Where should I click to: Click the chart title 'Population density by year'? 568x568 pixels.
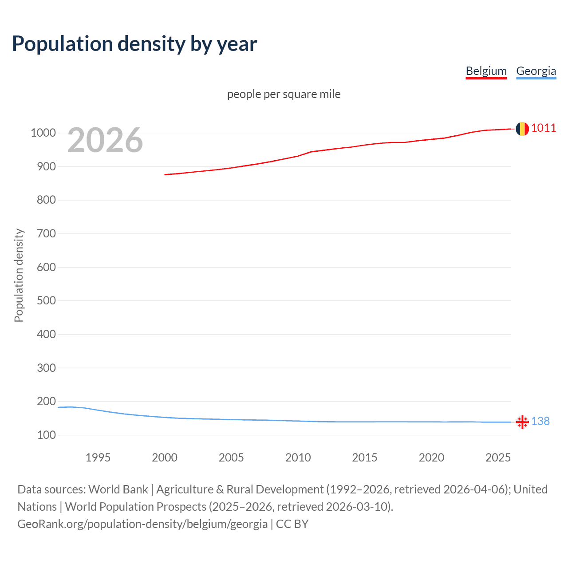[134, 44]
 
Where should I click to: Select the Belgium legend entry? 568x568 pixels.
[486, 71]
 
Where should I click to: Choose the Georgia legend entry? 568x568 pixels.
[536, 71]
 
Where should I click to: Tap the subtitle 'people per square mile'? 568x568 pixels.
[284, 94]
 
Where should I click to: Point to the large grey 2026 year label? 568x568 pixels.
[105, 140]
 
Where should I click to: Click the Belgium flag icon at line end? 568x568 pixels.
[522, 129]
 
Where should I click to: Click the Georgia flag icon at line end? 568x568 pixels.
[522, 422]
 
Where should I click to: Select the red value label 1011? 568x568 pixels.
[544, 128]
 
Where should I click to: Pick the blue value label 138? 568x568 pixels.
[540, 421]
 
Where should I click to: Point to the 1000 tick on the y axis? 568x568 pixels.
[43, 133]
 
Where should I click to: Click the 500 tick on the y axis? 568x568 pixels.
[46, 300]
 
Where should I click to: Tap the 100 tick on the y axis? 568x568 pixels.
[46, 435]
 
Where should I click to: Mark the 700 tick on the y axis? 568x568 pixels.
[46, 233]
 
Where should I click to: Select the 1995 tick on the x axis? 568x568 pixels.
[98, 458]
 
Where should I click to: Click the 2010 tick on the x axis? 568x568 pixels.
[298, 458]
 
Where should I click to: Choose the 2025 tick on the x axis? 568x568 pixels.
[498, 458]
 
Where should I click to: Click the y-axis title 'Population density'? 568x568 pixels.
[19, 275]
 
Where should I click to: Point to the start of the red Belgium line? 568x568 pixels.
[165, 174]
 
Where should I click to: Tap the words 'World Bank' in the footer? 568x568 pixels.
[118, 489]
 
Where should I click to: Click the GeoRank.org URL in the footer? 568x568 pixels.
[142, 524]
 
